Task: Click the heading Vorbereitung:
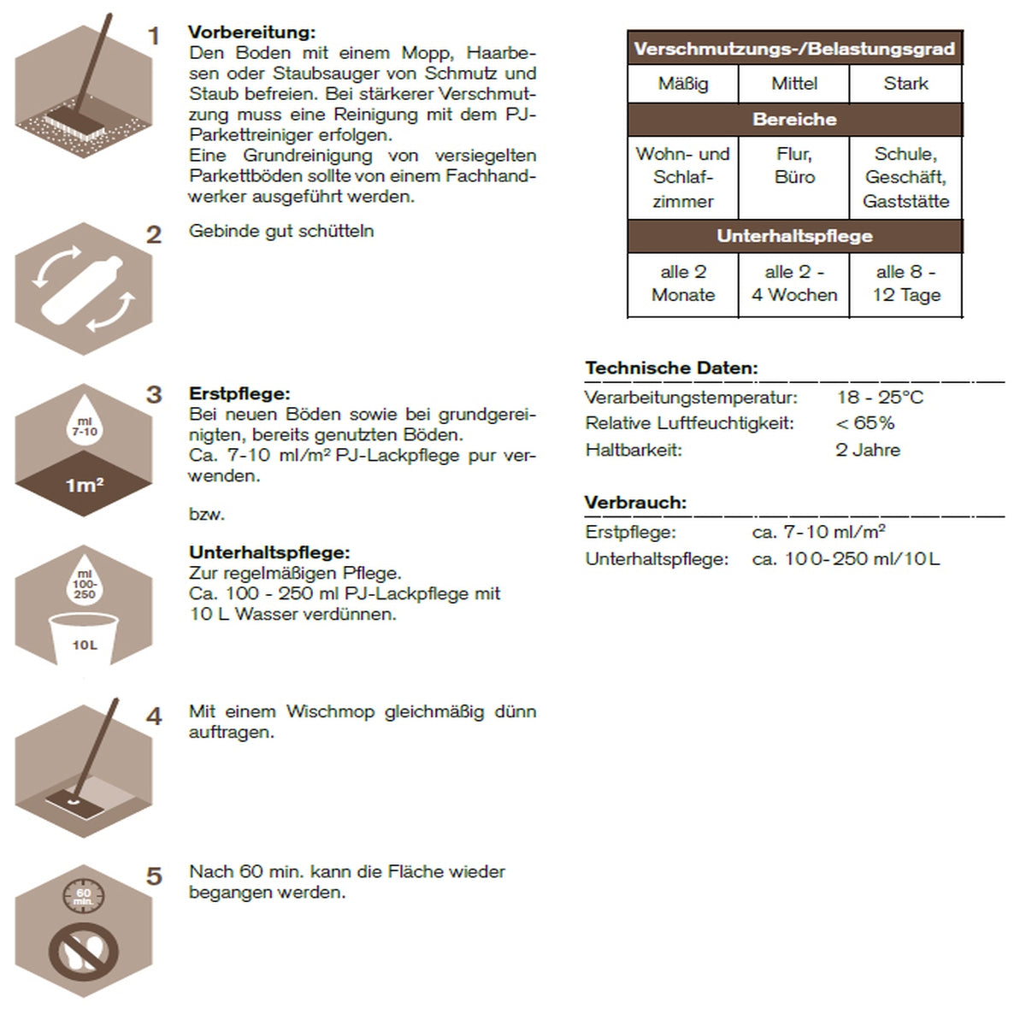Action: (251, 32)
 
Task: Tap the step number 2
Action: (154, 234)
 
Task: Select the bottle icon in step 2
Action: (83, 288)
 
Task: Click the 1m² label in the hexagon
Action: (85, 486)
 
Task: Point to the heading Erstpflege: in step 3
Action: (239, 394)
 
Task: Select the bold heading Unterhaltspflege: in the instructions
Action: (269, 552)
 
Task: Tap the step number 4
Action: (154, 716)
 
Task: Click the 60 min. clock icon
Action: (83, 896)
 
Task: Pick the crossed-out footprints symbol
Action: (84, 952)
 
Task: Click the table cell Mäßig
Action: (683, 84)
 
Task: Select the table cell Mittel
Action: (794, 84)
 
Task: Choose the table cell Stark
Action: (906, 84)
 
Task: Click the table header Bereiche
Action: (794, 120)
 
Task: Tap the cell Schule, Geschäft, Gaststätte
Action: (906, 178)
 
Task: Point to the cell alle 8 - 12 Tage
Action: (906, 284)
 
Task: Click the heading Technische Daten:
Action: (671, 369)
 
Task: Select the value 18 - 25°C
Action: (880, 398)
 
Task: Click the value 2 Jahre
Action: (868, 450)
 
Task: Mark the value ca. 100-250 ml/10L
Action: (846, 559)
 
